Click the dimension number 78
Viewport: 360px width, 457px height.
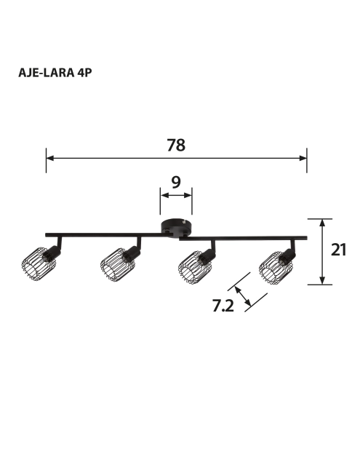[176, 145]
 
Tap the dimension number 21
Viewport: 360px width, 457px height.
[338, 250]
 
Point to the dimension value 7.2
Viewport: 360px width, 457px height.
[223, 306]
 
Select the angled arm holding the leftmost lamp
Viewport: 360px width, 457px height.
[59, 245]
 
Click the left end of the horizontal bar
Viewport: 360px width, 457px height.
[48, 235]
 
